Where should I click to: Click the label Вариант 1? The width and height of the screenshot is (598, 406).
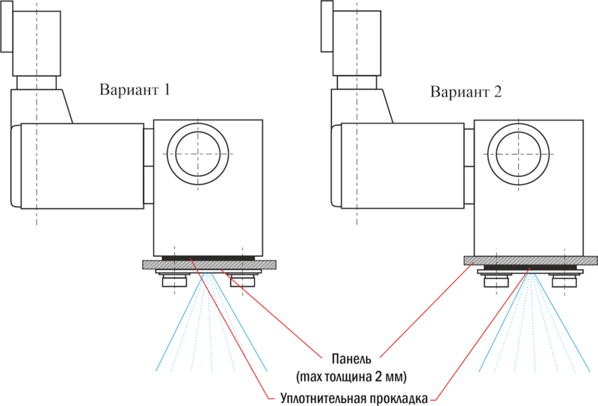tap(135, 90)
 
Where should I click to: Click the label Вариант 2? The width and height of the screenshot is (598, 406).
tap(466, 93)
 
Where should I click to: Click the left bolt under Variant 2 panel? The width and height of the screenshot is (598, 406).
tap(496, 280)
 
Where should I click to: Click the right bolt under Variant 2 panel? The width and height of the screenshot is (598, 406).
tap(564, 280)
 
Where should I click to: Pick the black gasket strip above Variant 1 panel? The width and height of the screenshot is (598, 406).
tap(209, 258)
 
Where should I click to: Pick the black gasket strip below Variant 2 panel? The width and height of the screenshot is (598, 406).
tap(530, 267)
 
